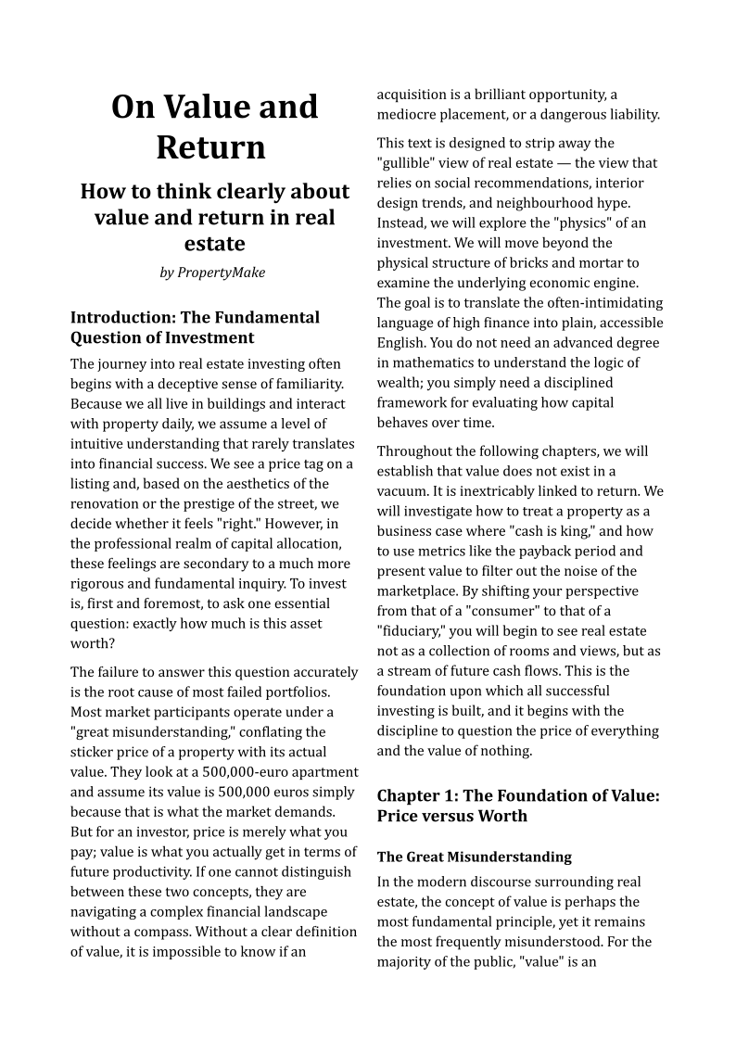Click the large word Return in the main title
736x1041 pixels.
pyautogui.click(x=210, y=147)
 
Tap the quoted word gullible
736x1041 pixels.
pyautogui.click(x=409, y=163)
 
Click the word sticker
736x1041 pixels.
pyautogui.click(x=95, y=752)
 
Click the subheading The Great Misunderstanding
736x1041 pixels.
pyautogui.click(x=474, y=857)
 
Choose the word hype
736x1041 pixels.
pyautogui.click(x=614, y=203)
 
